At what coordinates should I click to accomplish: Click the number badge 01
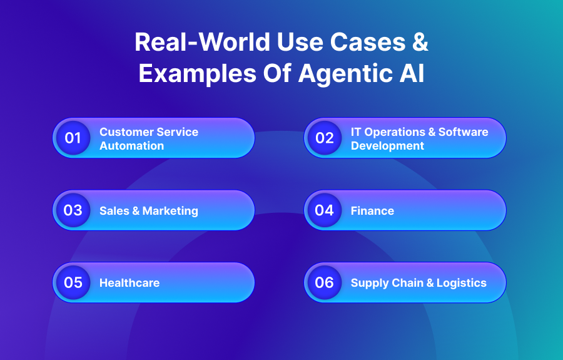click(x=73, y=138)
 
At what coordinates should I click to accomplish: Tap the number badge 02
click(x=325, y=138)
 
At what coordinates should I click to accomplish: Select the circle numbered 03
click(x=73, y=210)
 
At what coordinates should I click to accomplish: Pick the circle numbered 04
click(x=325, y=210)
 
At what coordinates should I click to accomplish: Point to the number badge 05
click(x=73, y=282)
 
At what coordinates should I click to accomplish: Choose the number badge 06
click(x=325, y=282)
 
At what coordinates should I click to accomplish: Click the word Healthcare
click(x=129, y=283)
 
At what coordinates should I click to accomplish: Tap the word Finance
click(x=372, y=211)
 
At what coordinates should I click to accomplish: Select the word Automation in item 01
click(x=131, y=146)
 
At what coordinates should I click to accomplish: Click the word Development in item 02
click(x=387, y=146)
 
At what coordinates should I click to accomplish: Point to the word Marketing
click(x=170, y=211)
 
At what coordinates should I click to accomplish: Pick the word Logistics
click(x=461, y=283)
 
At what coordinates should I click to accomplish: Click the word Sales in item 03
click(x=113, y=211)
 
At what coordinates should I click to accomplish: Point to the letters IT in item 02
click(x=356, y=132)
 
